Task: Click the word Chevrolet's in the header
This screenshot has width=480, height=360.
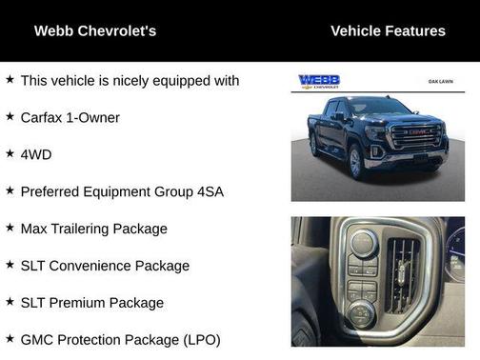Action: (118, 30)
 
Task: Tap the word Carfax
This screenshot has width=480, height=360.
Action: (44, 117)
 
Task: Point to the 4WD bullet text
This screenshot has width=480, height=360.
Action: (36, 154)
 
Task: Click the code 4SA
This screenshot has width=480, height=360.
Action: (206, 191)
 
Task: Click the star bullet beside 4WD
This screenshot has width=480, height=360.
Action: (10, 153)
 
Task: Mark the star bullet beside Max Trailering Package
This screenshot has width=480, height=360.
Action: (10, 228)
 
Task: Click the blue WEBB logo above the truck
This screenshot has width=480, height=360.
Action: (320, 81)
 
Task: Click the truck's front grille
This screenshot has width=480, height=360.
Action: (416, 138)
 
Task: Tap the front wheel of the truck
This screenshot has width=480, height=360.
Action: (356, 163)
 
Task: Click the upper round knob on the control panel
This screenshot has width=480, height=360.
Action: (365, 245)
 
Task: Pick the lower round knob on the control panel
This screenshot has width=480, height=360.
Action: (361, 314)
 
